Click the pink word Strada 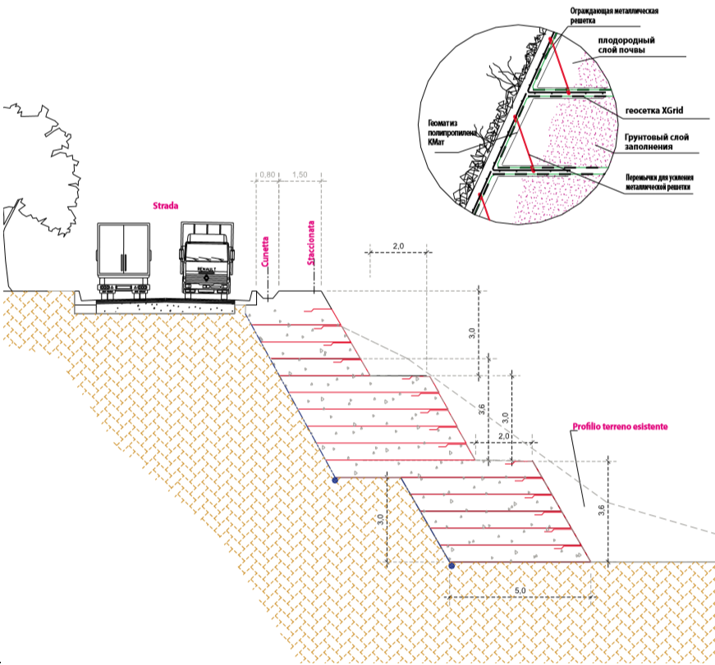pos(166,207)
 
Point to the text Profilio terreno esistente pos(620,427)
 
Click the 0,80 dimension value pos(267,175)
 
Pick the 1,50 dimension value pos(300,175)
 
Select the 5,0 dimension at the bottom pos(520,590)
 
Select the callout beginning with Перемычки pos(657,181)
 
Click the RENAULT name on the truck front pos(206,268)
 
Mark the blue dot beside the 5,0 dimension pos(451,564)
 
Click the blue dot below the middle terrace pos(334,479)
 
